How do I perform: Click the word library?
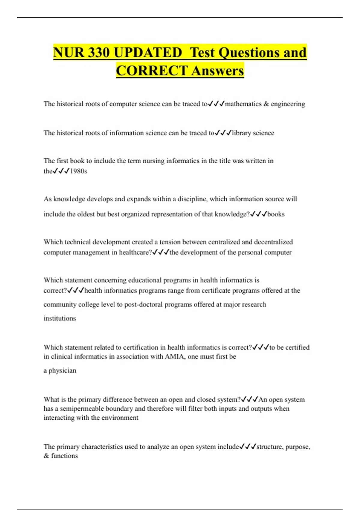point(241,133)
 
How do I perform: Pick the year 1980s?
point(78,171)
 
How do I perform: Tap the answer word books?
point(276,214)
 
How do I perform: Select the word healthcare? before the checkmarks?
point(136,252)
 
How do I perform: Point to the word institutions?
point(60,318)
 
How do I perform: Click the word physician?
point(62,370)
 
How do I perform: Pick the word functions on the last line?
point(64,456)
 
